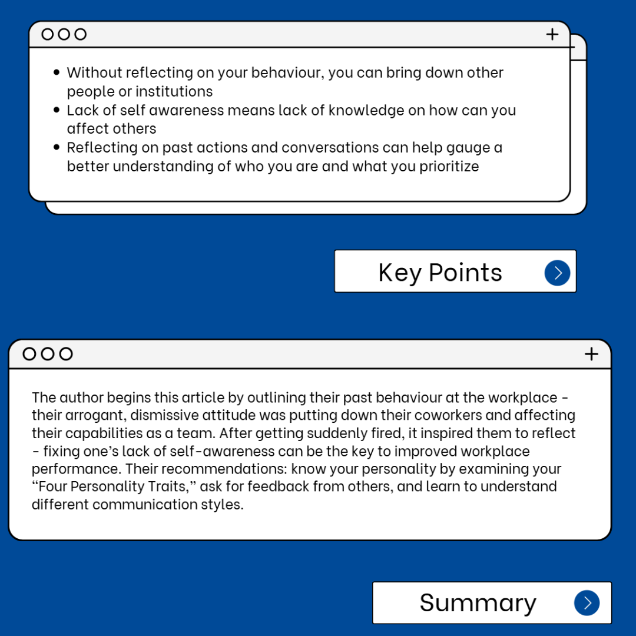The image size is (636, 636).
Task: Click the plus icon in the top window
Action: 552,34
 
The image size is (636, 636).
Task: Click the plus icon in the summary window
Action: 591,353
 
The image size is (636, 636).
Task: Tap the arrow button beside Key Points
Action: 557,273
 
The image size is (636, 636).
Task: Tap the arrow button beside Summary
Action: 587,602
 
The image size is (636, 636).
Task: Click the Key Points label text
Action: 440,273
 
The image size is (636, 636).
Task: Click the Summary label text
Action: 478,602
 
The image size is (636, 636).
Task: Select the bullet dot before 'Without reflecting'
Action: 57,72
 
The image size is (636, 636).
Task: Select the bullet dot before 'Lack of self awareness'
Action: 57,110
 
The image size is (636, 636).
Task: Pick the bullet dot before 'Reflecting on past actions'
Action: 57,147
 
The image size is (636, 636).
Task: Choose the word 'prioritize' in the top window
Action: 449,166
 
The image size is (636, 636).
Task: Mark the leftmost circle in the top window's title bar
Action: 48,34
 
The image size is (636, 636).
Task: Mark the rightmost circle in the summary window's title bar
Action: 66,353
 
